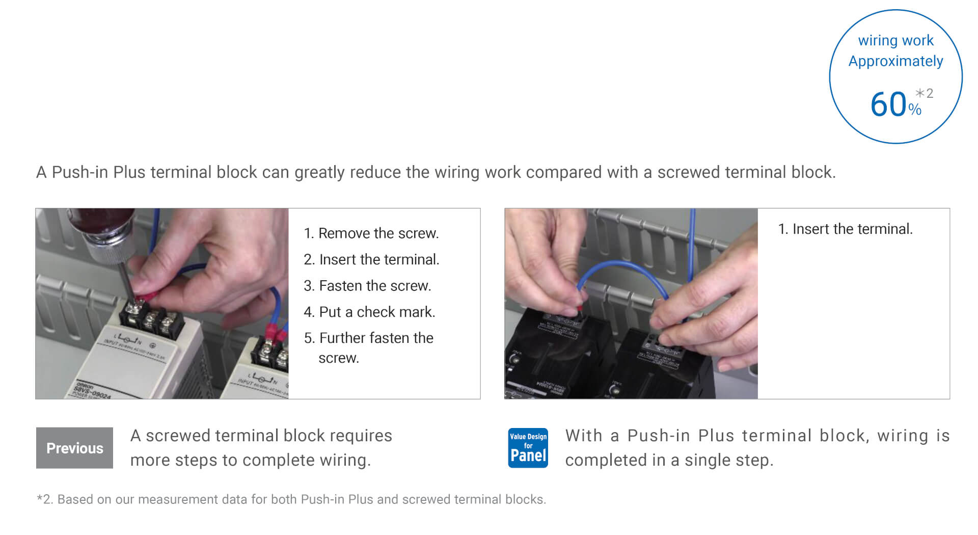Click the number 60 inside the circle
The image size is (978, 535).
(x=888, y=104)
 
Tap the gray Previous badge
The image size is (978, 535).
(x=74, y=448)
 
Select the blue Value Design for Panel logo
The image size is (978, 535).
(x=528, y=448)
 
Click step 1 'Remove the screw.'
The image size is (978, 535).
(x=371, y=233)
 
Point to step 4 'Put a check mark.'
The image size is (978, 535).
(x=369, y=312)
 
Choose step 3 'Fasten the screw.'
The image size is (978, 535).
(x=367, y=286)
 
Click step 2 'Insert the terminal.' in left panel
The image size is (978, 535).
(x=371, y=259)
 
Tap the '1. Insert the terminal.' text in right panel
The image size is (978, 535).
(x=845, y=229)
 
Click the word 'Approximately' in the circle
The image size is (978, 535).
(x=895, y=62)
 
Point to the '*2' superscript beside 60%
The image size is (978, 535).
(x=924, y=93)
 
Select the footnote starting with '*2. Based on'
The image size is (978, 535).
(x=291, y=499)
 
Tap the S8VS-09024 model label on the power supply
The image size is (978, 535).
(x=92, y=391)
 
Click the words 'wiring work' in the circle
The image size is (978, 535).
(x=895, y=40)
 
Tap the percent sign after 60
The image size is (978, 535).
(x=915, y=109)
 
